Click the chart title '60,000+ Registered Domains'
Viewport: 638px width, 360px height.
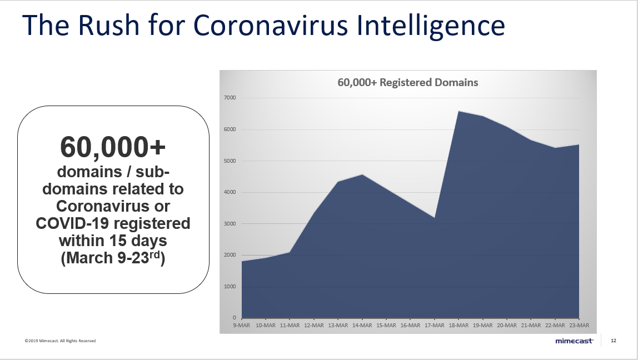[x=408, y=83]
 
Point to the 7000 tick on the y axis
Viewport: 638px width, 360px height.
[x=230, y=98]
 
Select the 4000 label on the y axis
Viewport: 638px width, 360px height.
[x=230, y=192]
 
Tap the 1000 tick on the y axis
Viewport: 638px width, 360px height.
[x=230, y=286]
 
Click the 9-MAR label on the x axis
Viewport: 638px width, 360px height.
[x=241, y=325]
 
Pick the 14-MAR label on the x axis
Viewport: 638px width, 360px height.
[x=362, y=325]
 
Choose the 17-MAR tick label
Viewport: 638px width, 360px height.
[x=435, y=325]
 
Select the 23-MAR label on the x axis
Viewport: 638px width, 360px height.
[x=579, y=325]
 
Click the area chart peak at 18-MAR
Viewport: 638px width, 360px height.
[x=458, y=111]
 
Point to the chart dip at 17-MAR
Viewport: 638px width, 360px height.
[x=435, y=218]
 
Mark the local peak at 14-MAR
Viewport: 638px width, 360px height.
[x=362, y=174]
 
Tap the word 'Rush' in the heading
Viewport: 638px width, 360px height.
[x=108, y=25]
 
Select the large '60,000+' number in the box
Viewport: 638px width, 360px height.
[x=113, y=147]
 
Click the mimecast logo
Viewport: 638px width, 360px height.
[x=574, y=341]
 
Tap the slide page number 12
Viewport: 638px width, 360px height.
[x=614, y=341]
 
